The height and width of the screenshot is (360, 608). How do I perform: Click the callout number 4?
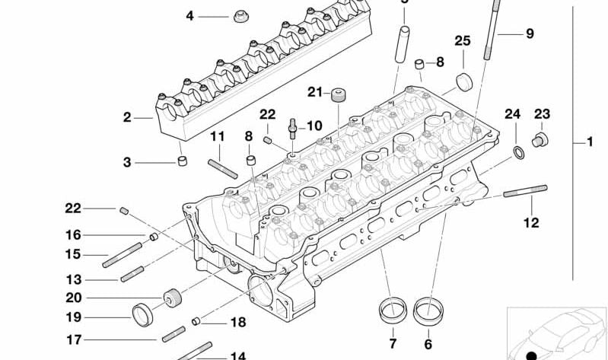[190, 15]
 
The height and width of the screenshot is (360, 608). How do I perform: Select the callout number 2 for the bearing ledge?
[127, 117]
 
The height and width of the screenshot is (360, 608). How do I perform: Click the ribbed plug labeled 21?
[338, 94]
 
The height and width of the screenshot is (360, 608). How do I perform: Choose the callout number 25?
[462, 40]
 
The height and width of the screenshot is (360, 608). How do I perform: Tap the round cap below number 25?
[463, 81]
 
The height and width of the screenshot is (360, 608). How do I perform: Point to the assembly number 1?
[588, 142]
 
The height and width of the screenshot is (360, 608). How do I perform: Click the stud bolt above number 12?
[526, 190]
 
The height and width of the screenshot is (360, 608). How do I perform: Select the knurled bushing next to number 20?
[173, 297]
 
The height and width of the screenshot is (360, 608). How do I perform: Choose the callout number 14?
[238, 355]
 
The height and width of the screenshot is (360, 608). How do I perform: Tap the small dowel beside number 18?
[196, 320]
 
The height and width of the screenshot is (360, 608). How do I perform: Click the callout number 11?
[218, 136]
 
